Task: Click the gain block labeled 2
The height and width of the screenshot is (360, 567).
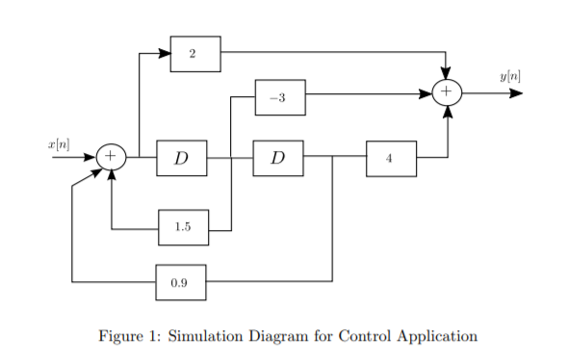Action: point(194,54)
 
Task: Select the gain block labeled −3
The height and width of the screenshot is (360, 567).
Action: point(279,96)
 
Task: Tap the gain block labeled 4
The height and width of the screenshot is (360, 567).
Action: point(391,158)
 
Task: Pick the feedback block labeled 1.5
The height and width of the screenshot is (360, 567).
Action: point(182,227)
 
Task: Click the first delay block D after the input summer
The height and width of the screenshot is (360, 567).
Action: point(181,158)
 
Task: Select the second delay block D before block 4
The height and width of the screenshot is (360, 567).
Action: point(277,158)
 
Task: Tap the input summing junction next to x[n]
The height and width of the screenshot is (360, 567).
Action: point(112,157)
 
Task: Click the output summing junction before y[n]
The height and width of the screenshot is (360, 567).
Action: point(448,93)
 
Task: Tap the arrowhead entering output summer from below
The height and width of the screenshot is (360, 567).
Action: point(448,112)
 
